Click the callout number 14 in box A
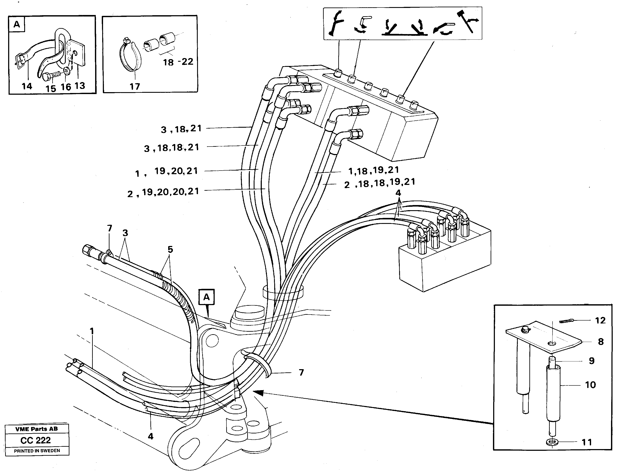[x=27, y=86]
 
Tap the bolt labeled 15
[x=48, y=76]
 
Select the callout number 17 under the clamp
[x=135, y=87]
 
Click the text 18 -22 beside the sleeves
[x=178, y=62]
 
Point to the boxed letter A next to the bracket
[x=207, y=297]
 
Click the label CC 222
[x=36, y=440]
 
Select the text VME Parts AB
[x=36, y=429]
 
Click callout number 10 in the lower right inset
[x=590, y=385]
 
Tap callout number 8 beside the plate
[x=601, y=342]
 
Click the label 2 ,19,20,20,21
[x=163, y=192]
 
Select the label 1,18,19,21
[x=373, y=170]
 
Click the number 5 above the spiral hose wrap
[x=170, y=249]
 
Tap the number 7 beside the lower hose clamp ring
[x=301, y=372]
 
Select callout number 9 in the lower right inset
[x=591, y=361]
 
